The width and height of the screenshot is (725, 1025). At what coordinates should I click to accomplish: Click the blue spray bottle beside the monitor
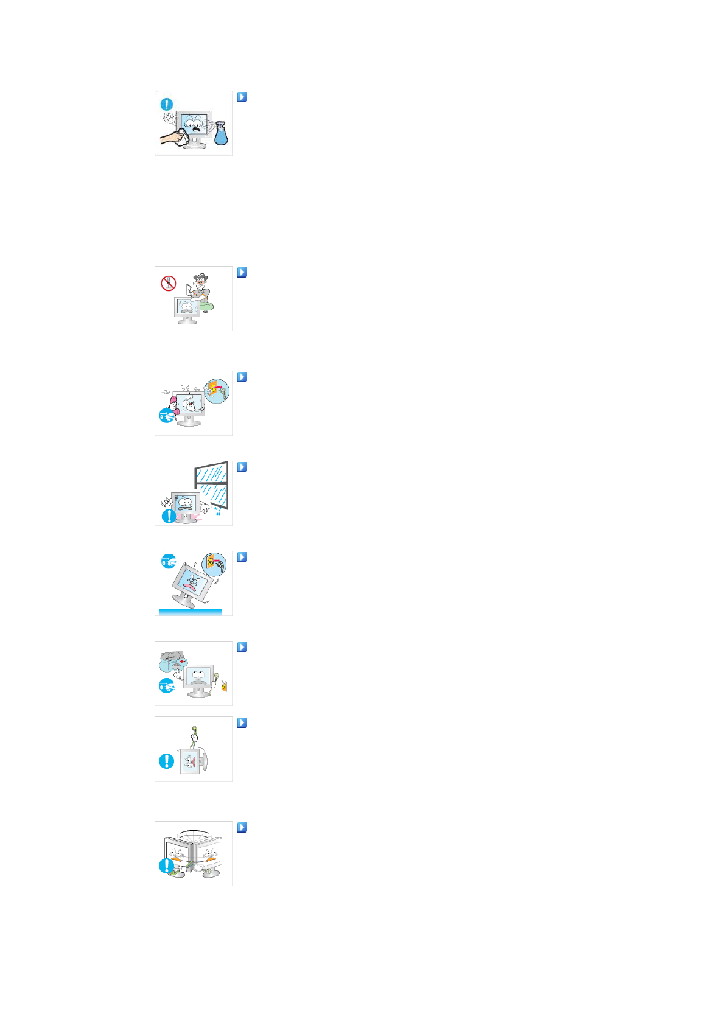pyautogui.click(x=221, y=135)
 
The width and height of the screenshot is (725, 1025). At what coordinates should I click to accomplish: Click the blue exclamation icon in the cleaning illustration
pyautogui.click(x=167, y=105)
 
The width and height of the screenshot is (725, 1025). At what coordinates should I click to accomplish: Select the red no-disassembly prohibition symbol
pyautogui.click(x=169, y=283)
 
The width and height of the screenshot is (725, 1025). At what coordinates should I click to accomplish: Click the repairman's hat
pyautogui.click(x=200, y=277)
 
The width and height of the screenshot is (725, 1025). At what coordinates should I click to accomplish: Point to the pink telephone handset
pyautogui.click(x=173, y=404)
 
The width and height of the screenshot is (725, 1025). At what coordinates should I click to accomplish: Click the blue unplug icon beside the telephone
pyautogui.click(x=166, y=416)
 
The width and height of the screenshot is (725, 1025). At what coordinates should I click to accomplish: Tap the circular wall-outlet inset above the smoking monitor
pyautogui.click(x=217, y=391)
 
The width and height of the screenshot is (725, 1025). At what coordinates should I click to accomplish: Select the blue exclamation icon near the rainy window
pyautogui.click(x=169, y=516)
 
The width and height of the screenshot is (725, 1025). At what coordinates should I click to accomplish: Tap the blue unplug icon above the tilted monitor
pyautogui.click(x=168, y=562)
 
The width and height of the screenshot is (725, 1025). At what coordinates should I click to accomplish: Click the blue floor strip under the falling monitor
pyautogui.click(x=190, y=612)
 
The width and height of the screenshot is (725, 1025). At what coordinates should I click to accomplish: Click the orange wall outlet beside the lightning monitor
pyautogui.click(x=224, y=686)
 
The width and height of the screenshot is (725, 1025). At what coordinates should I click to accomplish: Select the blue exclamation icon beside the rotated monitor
pyautogui.click(x=166, y=761)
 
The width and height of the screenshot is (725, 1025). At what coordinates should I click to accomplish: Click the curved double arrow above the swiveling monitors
pyautogui.click(x=194, y=830)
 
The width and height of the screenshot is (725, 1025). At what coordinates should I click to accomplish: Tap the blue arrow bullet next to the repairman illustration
pyautogui.click(x=242, y=273)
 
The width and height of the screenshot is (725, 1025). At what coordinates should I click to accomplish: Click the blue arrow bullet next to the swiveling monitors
pyautogui.click(x=242, y=828)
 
